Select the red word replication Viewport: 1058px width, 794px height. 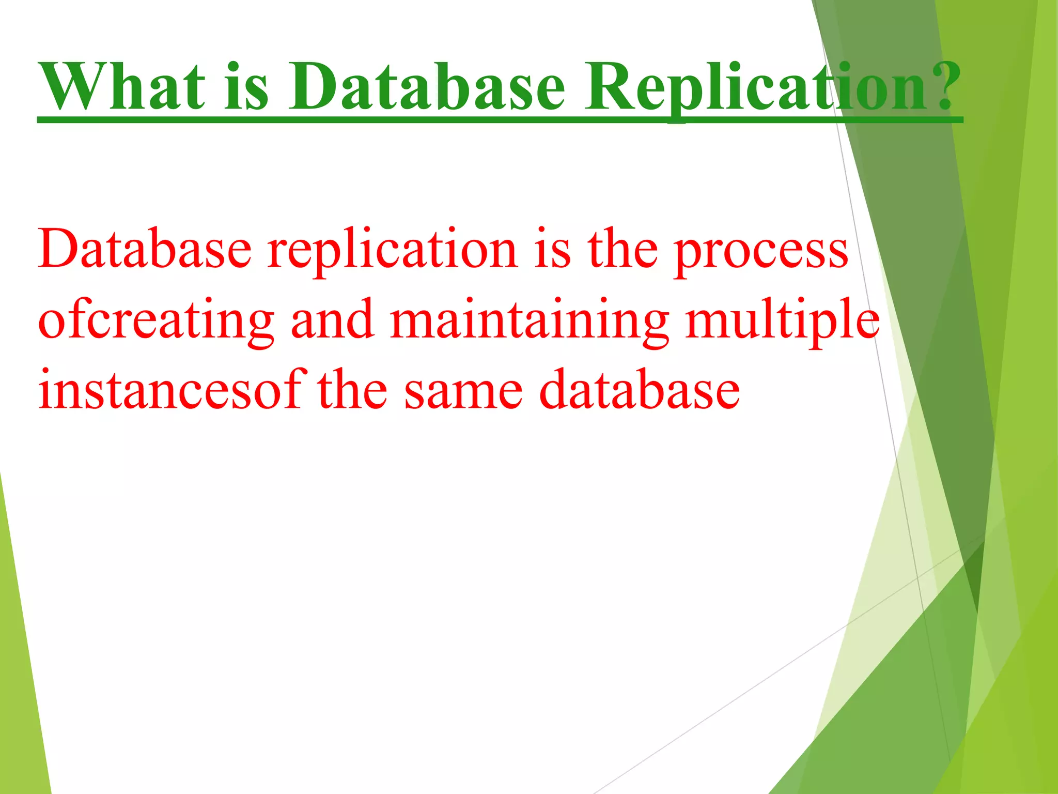click(x=393, y=251)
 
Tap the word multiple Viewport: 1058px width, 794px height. click(x=782, y=320)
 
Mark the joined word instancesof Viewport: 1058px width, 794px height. click(x=169, y=390)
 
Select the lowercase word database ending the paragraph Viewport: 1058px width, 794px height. click(x=639, y=390)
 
